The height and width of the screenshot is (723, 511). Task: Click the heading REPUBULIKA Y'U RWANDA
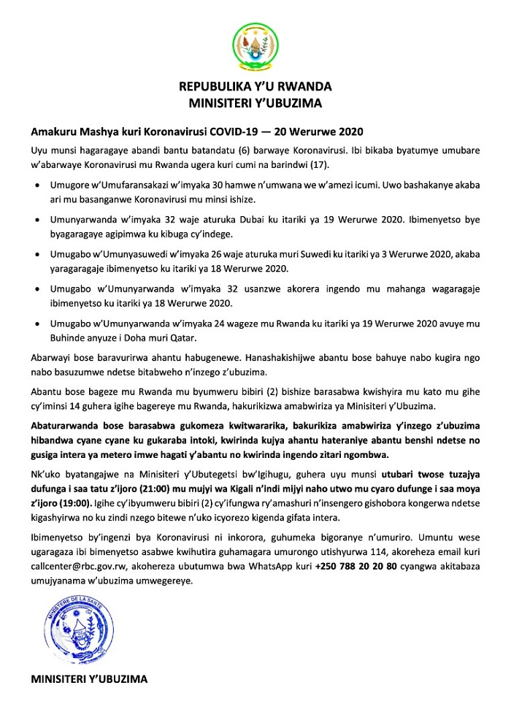coord(255,87)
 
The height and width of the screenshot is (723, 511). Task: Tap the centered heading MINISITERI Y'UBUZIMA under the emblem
coord(255,103)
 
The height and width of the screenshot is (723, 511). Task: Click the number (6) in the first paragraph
coord(223,151)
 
